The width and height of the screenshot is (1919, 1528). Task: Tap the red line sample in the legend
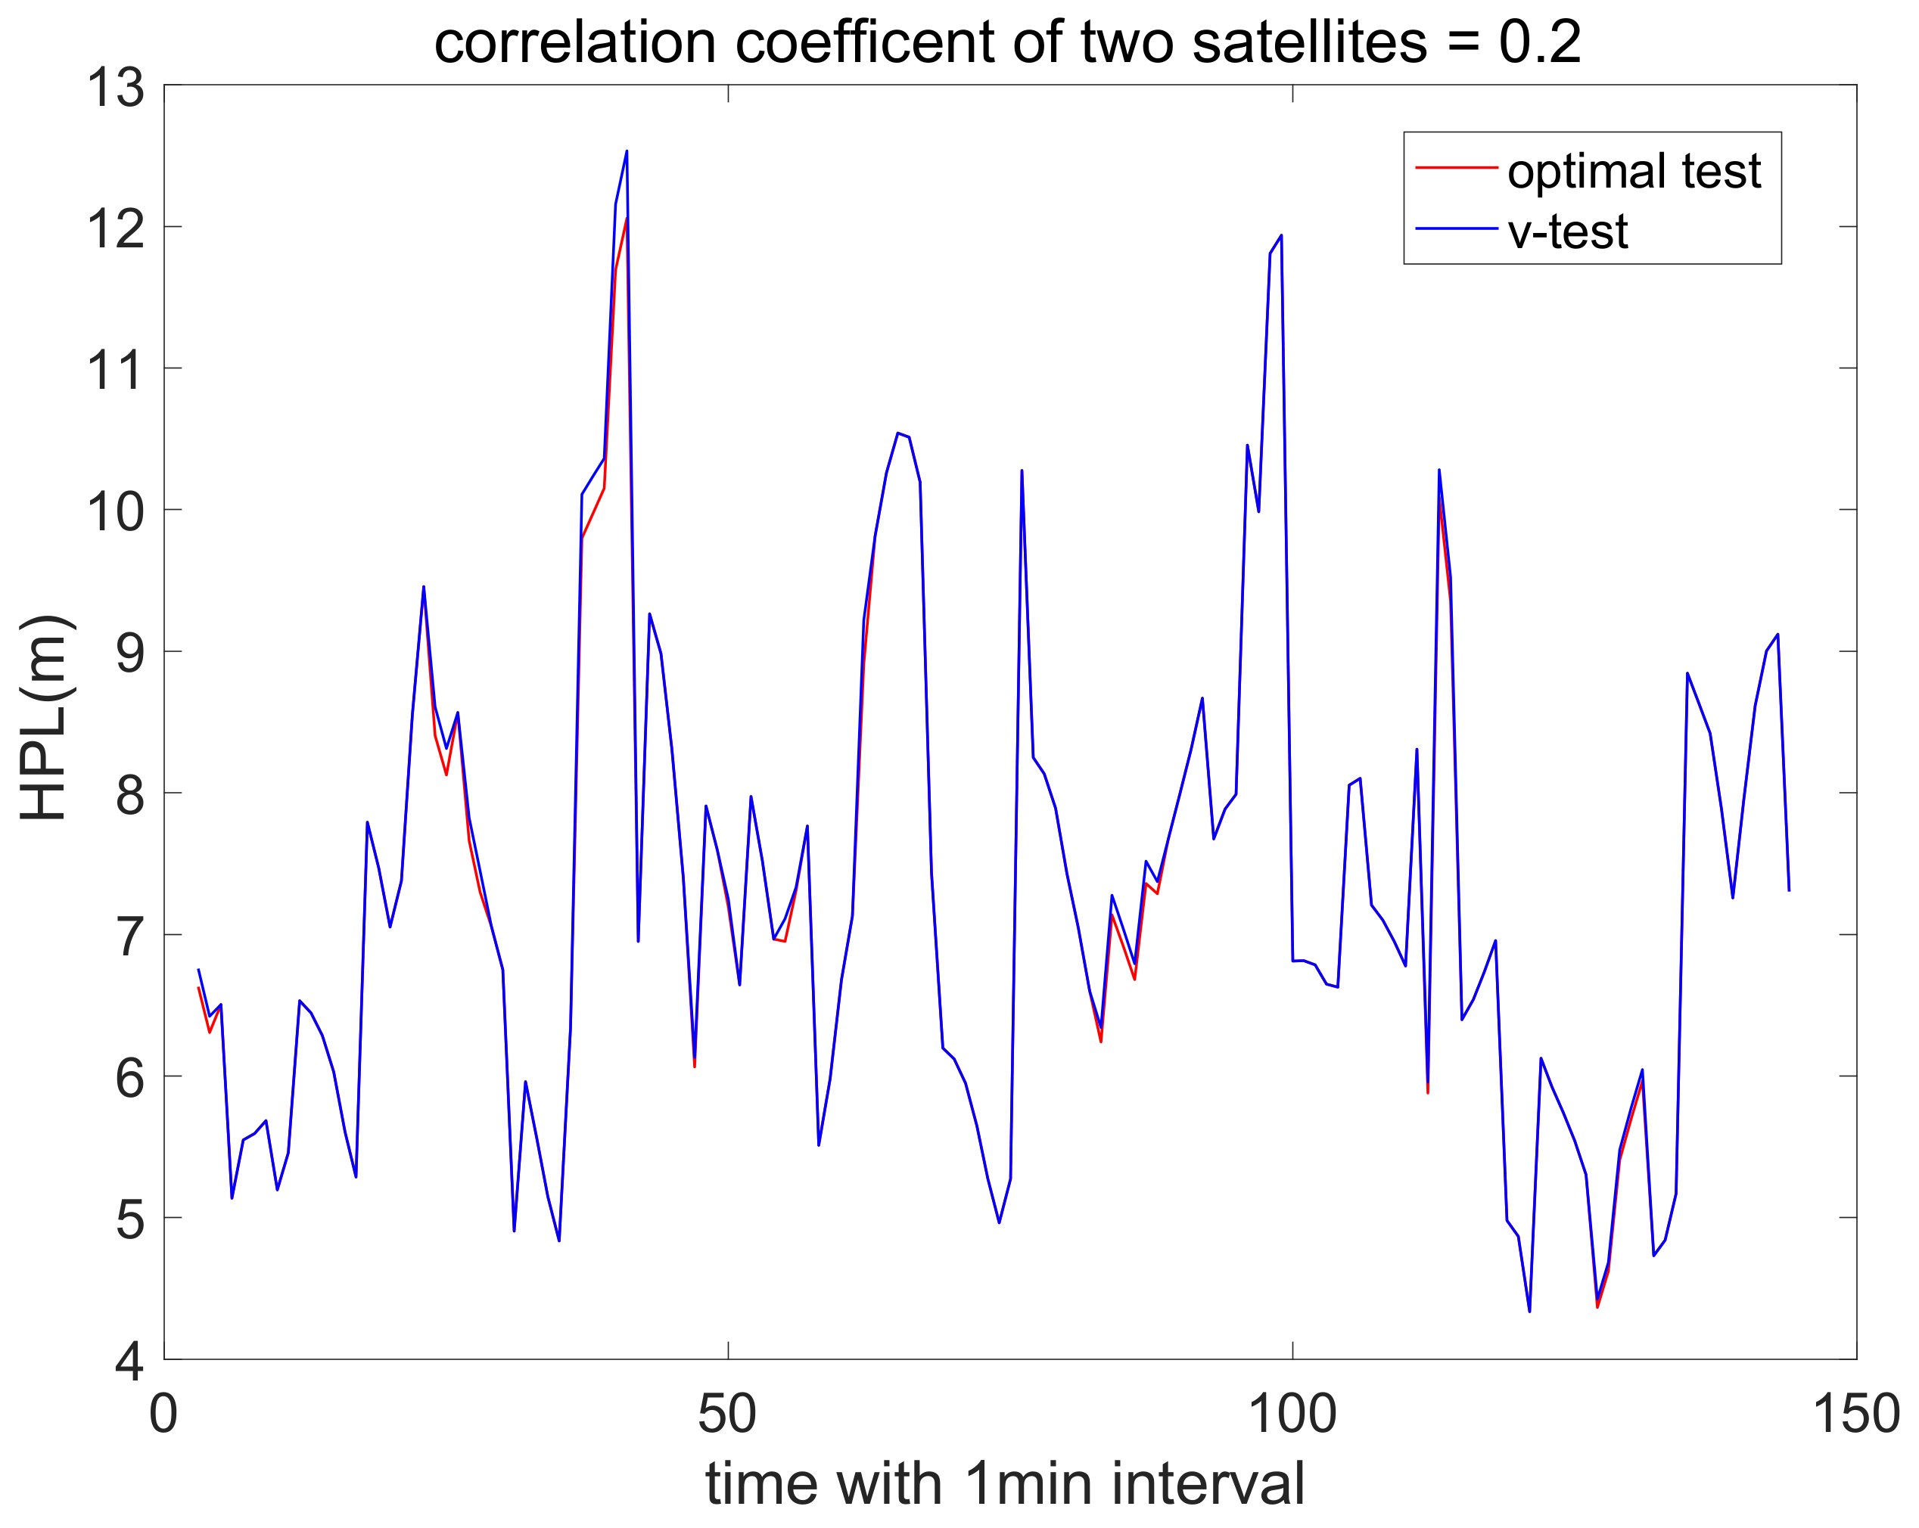pos(1456,167)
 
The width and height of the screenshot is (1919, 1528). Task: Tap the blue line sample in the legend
pos(1456,228)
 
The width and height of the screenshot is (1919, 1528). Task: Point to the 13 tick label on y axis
pos(115,89)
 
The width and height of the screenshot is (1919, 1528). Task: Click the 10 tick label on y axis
pos(115,514)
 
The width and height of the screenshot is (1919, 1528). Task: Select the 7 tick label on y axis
pos(130,938)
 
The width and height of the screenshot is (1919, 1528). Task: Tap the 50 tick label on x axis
pos(727,1414)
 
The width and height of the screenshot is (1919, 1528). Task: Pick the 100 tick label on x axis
pos(1292,1414)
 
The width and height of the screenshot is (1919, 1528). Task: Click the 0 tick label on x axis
pos(163,1414)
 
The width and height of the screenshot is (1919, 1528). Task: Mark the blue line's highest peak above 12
pos(627,152)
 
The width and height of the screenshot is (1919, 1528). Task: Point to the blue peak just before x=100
pos(1281,236)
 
